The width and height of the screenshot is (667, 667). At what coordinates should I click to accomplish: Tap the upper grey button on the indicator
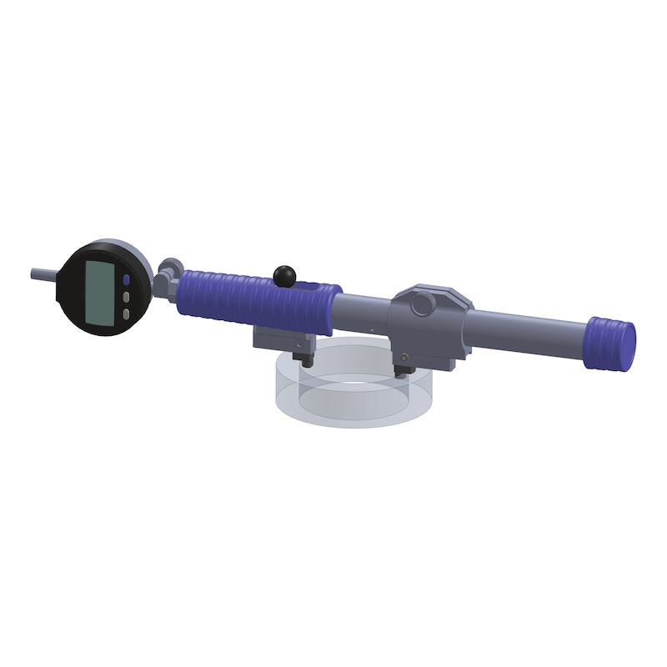click(126, 296)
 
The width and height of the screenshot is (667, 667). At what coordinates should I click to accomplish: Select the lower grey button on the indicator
click(126, 313)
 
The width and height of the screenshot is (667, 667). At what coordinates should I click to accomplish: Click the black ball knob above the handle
click(283, 273)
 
